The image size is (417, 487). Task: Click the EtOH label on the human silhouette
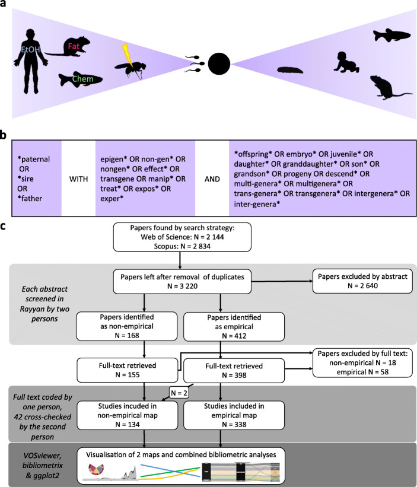[x=30, y=50]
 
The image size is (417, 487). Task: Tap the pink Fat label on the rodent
[x=74, y=47]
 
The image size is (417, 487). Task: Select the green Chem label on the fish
[x=82, y=79]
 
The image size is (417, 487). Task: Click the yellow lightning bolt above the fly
[x=128, y=55]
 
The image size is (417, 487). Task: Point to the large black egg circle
[x=219, y=63]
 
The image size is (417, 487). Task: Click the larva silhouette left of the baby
[x=290, y=69]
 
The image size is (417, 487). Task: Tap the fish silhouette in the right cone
[x=391, y=35]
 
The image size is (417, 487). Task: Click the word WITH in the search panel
[x=78, y=179]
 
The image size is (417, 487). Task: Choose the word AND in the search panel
[x=212, y=179]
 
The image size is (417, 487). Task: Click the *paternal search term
[x=34, y=160]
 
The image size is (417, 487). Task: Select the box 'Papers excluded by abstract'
[x=362, y=281]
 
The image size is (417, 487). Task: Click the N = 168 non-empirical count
[x=127, y=335]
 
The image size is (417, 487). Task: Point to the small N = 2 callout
[x=179, y=393]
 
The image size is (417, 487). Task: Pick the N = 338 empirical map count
[x=234, y=425]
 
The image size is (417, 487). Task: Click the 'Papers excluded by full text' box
[x=362, y=363]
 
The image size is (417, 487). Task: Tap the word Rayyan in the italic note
[x=31, y=309]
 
